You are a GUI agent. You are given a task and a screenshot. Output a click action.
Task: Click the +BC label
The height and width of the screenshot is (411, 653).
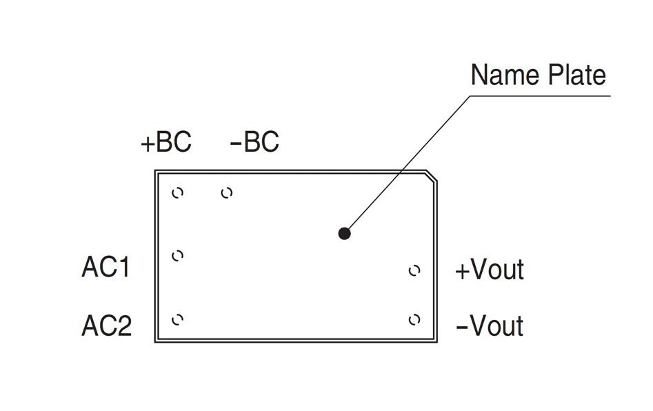pos(165,143)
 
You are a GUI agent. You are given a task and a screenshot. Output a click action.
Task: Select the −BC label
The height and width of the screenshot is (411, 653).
pos(254,143)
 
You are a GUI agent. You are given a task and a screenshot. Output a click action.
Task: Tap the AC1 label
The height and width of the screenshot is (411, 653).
pos(106,267)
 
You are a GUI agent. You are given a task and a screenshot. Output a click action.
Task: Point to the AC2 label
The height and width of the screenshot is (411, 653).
pos(106,325)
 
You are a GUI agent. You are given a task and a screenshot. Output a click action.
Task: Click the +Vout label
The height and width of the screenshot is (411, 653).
pos(490,270)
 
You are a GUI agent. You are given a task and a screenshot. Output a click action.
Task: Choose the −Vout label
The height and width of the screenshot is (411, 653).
pos(490,325)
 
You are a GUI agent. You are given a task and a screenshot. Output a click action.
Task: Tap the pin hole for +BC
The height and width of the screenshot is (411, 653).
pos(177,192)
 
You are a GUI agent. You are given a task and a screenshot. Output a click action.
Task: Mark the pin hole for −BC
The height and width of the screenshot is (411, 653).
pos(226,193)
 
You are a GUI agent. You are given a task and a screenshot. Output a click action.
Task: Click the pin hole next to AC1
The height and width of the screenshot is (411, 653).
pos(177,256)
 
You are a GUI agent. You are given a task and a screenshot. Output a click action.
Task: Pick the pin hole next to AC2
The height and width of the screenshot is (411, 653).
pos(177,319)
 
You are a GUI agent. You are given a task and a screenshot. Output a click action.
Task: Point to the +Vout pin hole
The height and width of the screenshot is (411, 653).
pos(414,270)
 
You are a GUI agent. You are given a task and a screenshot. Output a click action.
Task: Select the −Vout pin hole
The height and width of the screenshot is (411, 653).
pos(414,319)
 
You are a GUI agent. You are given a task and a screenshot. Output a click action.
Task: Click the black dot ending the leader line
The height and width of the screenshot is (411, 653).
pos(345,233)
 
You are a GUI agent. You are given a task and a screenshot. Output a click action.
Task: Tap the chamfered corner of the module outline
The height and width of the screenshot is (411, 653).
pos(431,176)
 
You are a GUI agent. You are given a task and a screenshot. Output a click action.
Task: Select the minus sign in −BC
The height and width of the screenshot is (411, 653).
pos(236,143)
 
